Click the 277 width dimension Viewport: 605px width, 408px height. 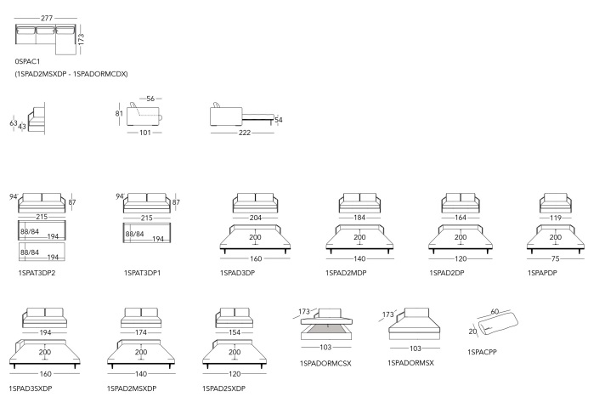pyautogui.click(x=47, y=18)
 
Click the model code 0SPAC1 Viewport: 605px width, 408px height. pyautogui.click(x=27, y=61)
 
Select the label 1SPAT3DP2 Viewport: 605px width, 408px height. pyautogui.click(x=37, y=273)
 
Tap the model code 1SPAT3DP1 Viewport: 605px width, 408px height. pyautogui.click(x=142, y=273)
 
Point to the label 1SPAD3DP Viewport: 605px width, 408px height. pyautogui.click(x=237, y=273)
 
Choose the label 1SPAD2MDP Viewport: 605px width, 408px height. pyautogui.click(x=346, y=273)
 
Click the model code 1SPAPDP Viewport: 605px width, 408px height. pyautogui.click(x=542, y=273)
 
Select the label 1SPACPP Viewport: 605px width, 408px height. pyautogui.click(x=482, y=352)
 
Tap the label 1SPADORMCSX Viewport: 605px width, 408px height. pyautogui.click(x=325, y=363)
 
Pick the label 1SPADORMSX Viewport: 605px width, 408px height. pyautogui.click(x=410, y=363)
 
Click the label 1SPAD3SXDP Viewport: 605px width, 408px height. pyautogui.click(x=31, y=388)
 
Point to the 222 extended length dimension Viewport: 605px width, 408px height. pyautogui.click(x=245, y=133)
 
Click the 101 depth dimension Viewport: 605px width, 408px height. pyautogui.click(x=145, y=133)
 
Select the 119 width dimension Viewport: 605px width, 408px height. pyautogui.click(x=555, y=218)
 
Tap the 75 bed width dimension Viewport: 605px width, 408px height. pyautogui.click(x=555, y=258)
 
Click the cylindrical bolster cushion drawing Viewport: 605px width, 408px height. pyautogui.click(x=498, y=324)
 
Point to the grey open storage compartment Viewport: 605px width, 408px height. pyautogui.click(x=327, y=329)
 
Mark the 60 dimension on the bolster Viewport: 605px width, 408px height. pyautogui.click(x=495, y=311)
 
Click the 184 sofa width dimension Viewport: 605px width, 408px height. pyautogui.click(x=359, y=218)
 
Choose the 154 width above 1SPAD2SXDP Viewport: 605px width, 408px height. pyautogui.click(x=235, y=332)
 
